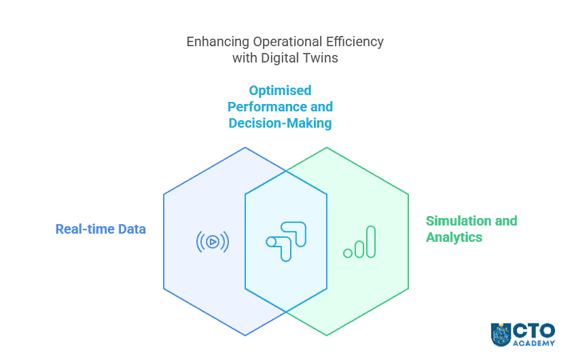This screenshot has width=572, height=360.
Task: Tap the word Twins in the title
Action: [320, 58]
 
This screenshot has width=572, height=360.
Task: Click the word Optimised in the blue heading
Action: [280, 90]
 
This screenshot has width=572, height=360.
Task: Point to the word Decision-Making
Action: [280, 123]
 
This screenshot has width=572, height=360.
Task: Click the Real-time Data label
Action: [101, 229]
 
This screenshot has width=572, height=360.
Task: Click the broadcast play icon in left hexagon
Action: [213, 241]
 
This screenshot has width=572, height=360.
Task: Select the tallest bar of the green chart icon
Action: [370, 242]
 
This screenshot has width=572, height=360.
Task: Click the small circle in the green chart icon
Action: [348, 253]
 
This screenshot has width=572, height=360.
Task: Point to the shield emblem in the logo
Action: [501, 334]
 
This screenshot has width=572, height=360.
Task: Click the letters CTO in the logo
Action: [534, 330]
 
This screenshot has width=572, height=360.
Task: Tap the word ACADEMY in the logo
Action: [534, 344]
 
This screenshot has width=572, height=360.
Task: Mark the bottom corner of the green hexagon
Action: [327, 336]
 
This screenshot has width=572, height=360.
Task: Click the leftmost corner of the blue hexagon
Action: [164, 194]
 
